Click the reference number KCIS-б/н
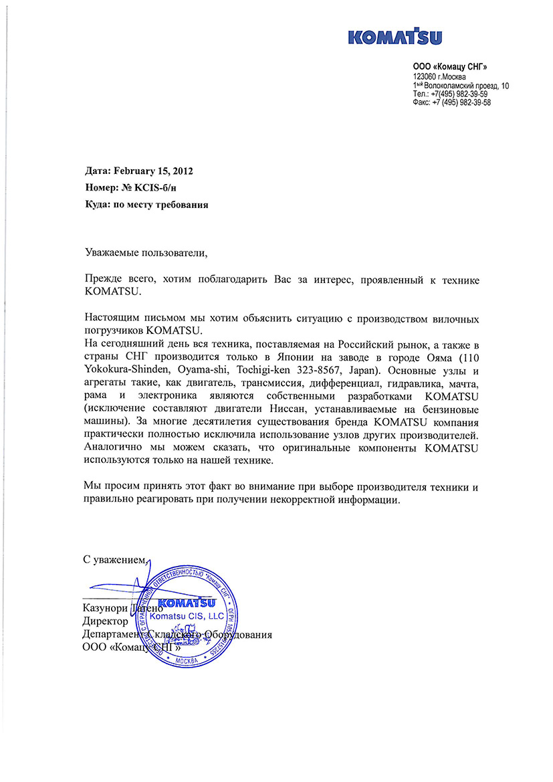coord(163,189)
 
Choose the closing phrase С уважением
coord(114,559)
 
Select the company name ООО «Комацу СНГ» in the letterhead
coord(450,66)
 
